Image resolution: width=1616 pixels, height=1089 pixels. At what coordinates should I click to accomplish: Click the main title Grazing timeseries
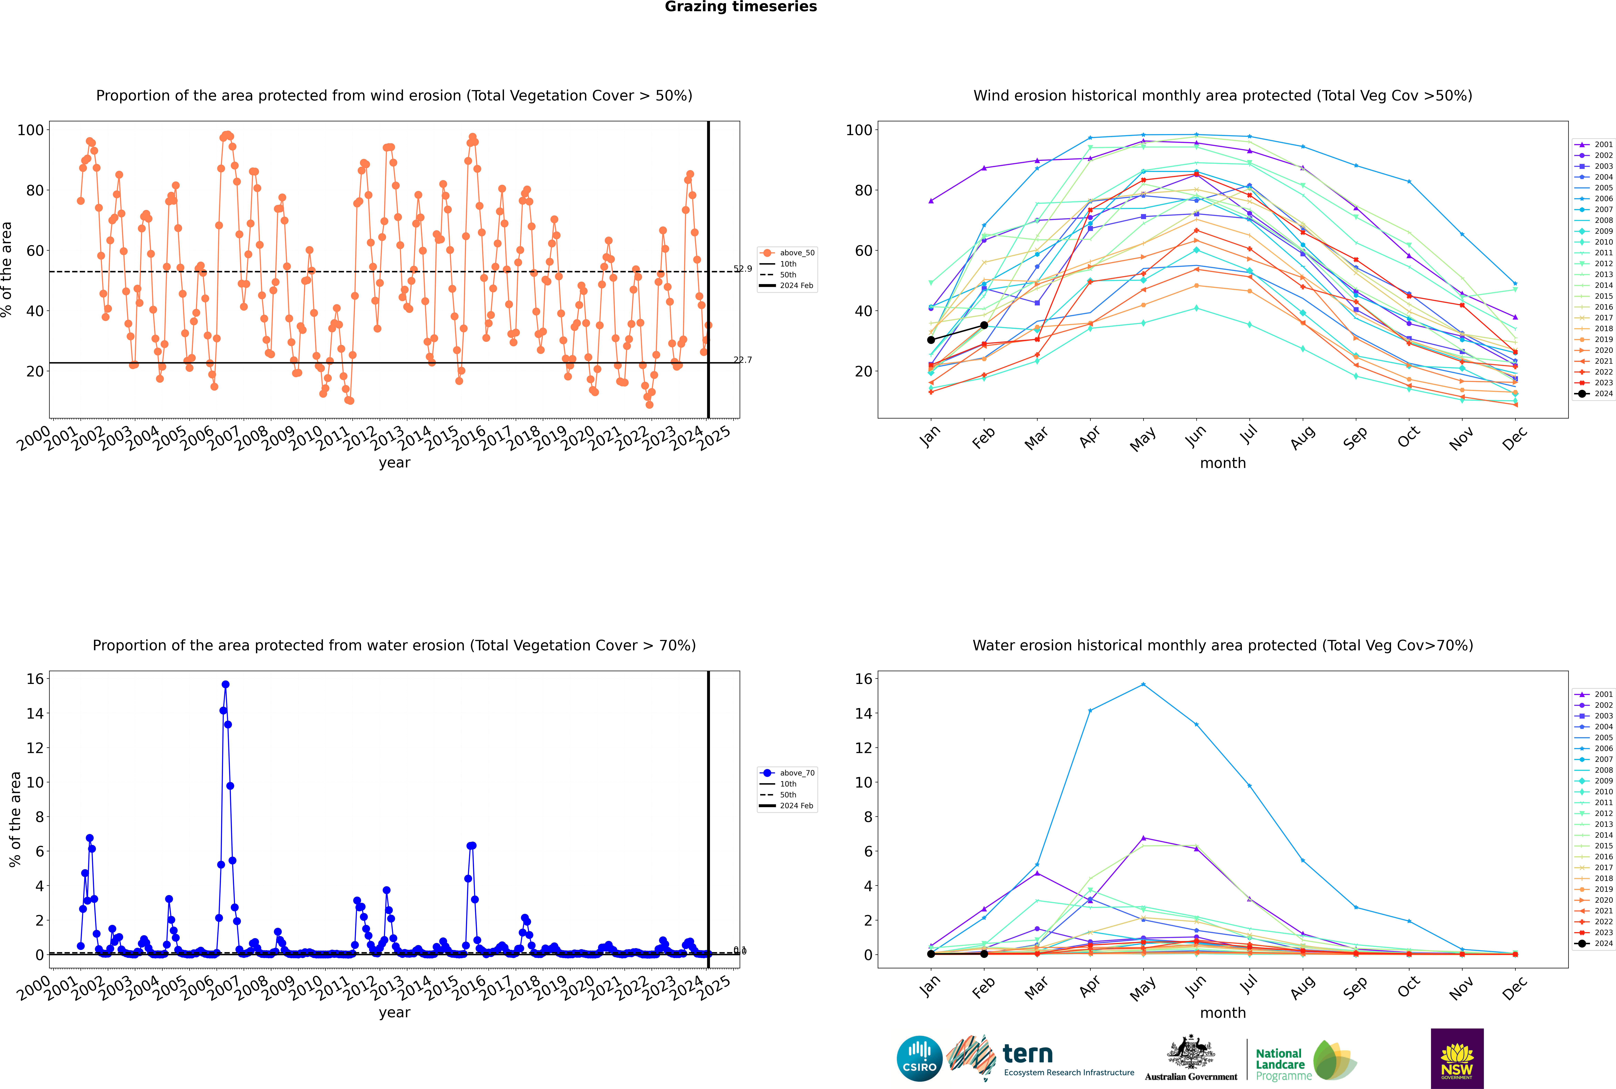pyautogui.click(x=741, y=7)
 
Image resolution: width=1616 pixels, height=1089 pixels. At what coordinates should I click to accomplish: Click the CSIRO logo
pyautogui.click(x=919, y=1058)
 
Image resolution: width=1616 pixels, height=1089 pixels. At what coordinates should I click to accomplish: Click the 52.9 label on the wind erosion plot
pyautogui.click(x=743, y=269)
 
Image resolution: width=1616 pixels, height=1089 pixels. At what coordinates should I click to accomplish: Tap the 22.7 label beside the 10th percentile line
pyautogui.click(x=743, y=360)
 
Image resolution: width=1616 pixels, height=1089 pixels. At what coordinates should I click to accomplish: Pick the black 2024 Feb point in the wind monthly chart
pyautogui.click(x=984, y=325)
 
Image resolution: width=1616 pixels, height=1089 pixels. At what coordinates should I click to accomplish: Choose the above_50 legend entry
pyautogui.click(x=788, y=253)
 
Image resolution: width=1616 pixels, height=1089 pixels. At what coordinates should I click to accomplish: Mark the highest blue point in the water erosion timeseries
pyautogui.click(x=225, y=684)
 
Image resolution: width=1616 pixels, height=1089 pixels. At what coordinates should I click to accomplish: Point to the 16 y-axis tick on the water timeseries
pyautogui.click(x=35, y=679)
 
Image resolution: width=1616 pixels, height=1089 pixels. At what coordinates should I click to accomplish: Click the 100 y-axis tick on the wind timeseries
pyautogui.click(x=31, y=130)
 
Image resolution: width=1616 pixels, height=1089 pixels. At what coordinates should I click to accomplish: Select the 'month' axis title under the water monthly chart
pyautogui.click(x=1223, y=1013)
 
